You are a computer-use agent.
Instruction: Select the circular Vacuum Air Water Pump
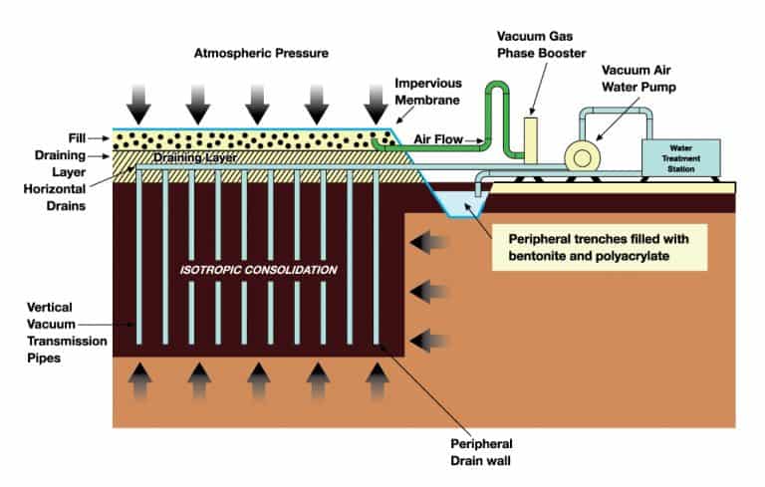[580, 156]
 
